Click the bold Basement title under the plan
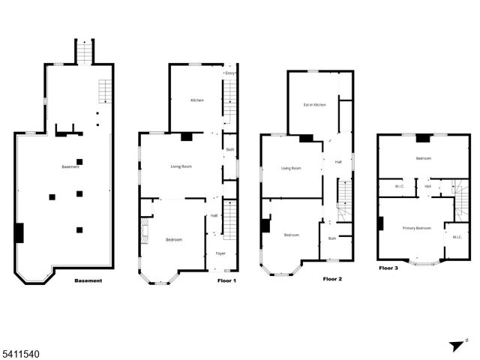pos(88,281)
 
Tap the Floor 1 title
pos(226,280)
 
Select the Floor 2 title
pos(332,279)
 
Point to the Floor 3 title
pos(388,267)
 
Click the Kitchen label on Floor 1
pos(197,100)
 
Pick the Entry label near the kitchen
pos(229,73)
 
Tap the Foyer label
pos(221,253)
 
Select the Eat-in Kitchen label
pos(314,104)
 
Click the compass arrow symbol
pos(455,346)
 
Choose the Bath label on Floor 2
pos(332,238)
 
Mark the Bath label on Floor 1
pos(230,149)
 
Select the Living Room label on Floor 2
pos(291,168)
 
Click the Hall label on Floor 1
pos(214,215)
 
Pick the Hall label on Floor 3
pos(427,186)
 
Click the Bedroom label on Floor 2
pos(292,235)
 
